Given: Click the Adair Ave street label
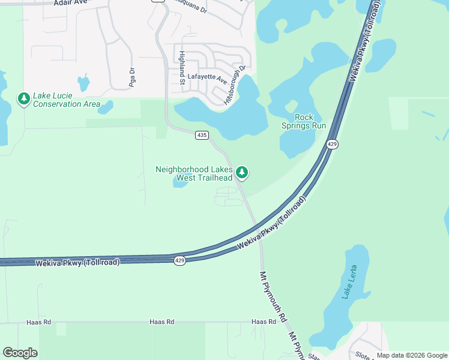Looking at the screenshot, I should [70, 3].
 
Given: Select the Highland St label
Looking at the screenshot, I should [182, 67].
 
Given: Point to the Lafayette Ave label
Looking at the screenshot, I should [207, 77].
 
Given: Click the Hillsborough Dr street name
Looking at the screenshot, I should [235, 86].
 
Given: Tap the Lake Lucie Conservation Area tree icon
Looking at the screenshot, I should [24, 98].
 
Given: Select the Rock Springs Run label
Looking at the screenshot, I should [304, 121].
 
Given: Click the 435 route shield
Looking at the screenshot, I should [202, 136].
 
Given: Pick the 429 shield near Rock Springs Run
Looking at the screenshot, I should [332, 144].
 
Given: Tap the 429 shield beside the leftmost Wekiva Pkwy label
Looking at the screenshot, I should [180, 260].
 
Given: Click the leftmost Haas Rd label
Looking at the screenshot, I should [39, 322].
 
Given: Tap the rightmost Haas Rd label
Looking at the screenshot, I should [264, 322].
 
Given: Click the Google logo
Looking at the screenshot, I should [20, 353].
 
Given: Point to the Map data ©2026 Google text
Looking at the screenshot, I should [412, 355].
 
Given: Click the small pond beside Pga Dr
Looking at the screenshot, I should [83, 82].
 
